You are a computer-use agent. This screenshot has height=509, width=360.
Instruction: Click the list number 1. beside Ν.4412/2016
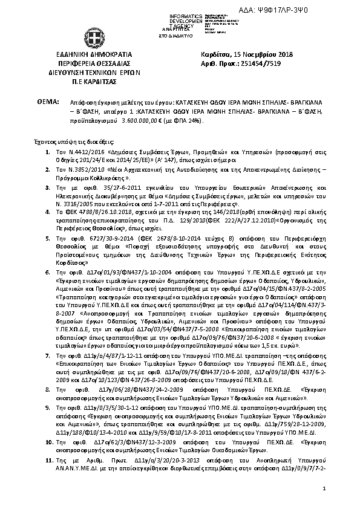coord(48,149)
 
